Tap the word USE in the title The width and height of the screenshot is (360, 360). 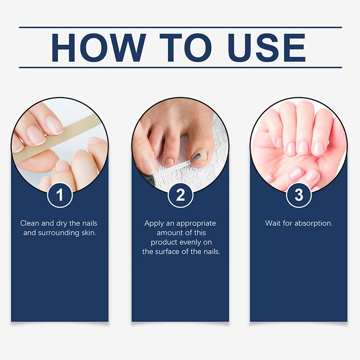261,47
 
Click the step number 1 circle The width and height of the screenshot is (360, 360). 60,195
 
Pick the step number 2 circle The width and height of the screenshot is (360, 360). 180,195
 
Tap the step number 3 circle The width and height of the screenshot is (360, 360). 299,195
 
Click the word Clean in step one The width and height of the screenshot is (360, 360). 30,223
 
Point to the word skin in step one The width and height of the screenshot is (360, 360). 87,233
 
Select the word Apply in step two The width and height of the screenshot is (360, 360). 153,223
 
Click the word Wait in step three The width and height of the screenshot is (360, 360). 273,223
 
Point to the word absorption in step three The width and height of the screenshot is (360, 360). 314,223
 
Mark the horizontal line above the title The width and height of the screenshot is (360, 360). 180,27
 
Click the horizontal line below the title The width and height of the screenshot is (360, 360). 180,67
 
